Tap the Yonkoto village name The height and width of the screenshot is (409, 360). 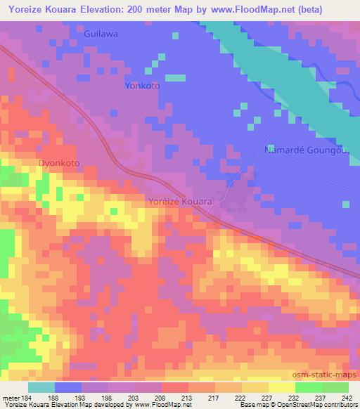click(142, 86)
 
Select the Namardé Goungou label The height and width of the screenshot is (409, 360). click(306, 150)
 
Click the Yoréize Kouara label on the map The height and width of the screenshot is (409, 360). click(181, 201)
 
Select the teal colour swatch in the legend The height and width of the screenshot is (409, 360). click(41, 387)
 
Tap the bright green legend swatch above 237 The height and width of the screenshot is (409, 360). click(308, 387)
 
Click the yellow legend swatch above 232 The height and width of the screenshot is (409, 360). click(282, 387)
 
